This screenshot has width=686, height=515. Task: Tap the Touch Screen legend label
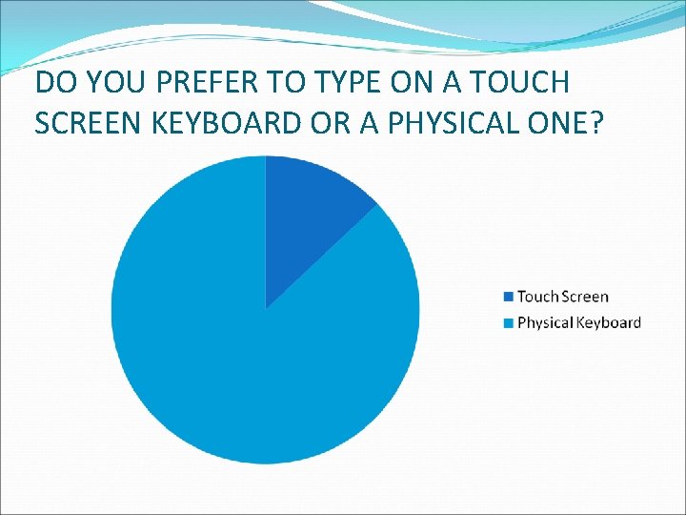pos(562,298)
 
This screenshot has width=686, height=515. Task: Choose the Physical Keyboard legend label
pos(578,322)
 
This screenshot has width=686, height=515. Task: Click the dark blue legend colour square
pos(509,298)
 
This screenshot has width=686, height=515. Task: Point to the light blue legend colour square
pos(509,322)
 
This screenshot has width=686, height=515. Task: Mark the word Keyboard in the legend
pos(607,322)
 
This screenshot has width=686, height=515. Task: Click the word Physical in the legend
pos(544,322)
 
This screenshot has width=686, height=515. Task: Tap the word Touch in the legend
pos(537,298)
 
